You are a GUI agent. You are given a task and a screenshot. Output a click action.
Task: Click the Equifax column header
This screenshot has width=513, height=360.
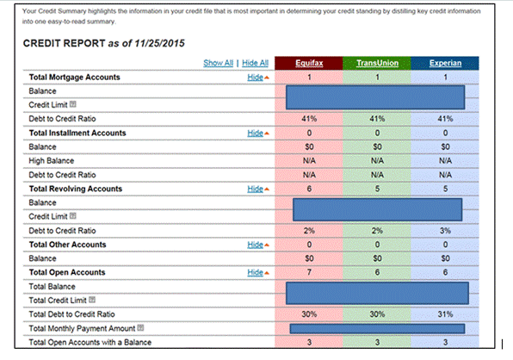pos(309,63)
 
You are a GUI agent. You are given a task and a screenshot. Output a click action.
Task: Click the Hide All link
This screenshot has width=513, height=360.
pos(255,63)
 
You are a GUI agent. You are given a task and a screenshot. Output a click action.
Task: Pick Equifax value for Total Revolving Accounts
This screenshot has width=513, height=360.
pos(309,189)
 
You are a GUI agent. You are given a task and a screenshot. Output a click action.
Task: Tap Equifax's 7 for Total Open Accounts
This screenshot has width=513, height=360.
pos(309,272)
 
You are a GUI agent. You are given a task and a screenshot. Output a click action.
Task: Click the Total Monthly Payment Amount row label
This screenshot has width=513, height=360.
pos(81,328)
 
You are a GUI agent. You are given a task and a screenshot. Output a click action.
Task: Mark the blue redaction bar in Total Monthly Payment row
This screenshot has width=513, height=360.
pos(377,328)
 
